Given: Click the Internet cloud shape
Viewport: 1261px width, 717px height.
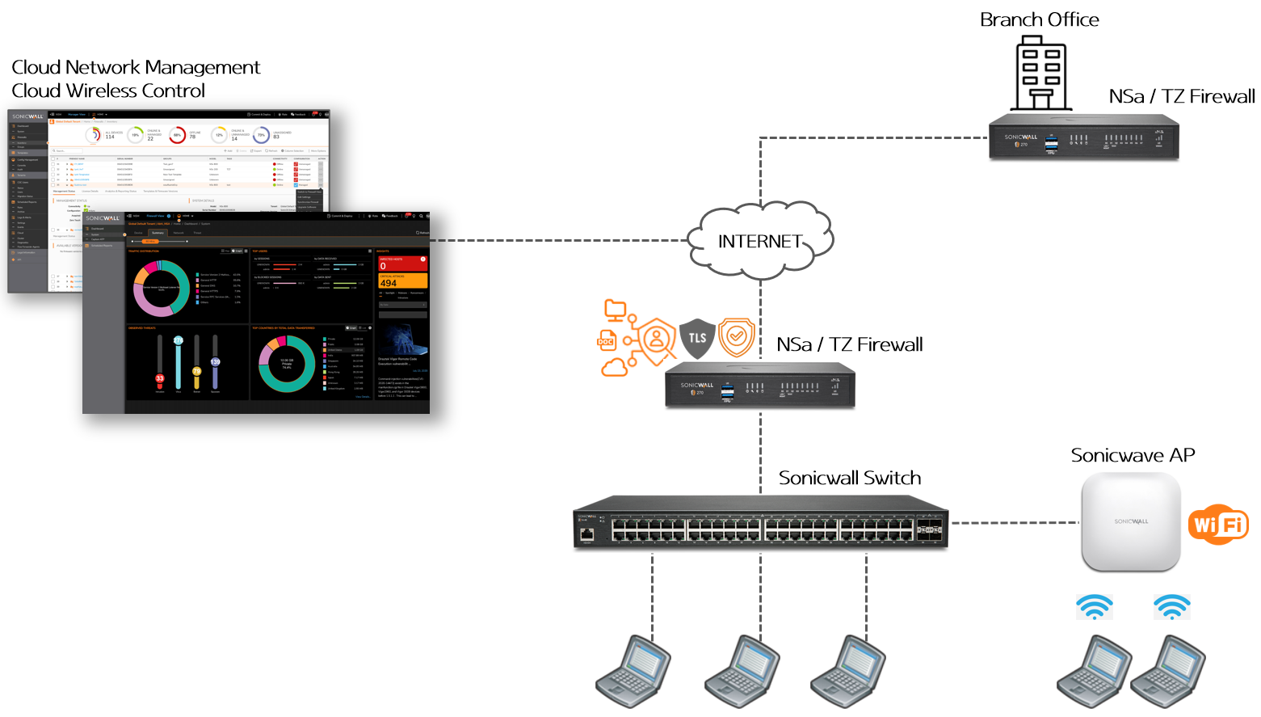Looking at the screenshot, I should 759,241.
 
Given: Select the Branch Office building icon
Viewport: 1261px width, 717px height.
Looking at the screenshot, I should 1040,74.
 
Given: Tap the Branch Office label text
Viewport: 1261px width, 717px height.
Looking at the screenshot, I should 1039,20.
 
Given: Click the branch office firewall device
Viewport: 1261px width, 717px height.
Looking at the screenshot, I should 1083,137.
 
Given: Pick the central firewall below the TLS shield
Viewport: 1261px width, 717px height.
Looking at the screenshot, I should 759,386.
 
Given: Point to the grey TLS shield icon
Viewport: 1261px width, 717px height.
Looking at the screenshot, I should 697,338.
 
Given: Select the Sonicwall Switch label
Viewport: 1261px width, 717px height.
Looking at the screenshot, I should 849,478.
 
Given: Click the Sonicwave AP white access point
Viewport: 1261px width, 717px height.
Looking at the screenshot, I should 1131,521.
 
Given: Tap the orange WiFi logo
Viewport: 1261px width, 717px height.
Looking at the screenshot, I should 1218,525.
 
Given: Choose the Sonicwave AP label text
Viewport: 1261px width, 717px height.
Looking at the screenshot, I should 1133,455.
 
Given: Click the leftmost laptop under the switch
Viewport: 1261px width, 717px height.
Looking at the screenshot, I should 633,671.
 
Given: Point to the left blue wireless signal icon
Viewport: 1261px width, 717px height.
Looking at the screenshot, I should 1094,607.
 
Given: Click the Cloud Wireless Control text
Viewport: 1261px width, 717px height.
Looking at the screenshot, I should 108,91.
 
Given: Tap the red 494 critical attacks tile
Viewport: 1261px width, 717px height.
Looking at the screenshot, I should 402,280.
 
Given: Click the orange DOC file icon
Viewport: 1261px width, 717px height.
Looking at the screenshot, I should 607,340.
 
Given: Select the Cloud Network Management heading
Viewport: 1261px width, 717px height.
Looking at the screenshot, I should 136,67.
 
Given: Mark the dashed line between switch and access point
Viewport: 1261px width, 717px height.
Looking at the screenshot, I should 1015,523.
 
